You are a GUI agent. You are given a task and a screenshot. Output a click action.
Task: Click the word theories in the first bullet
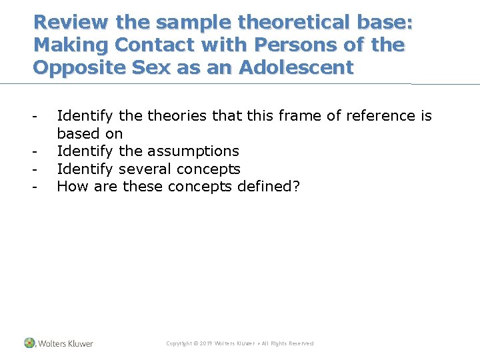click(178, 116)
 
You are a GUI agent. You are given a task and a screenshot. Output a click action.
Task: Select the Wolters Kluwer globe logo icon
click(29, 343)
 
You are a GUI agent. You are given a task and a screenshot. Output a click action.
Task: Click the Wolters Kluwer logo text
click(65, 343)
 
